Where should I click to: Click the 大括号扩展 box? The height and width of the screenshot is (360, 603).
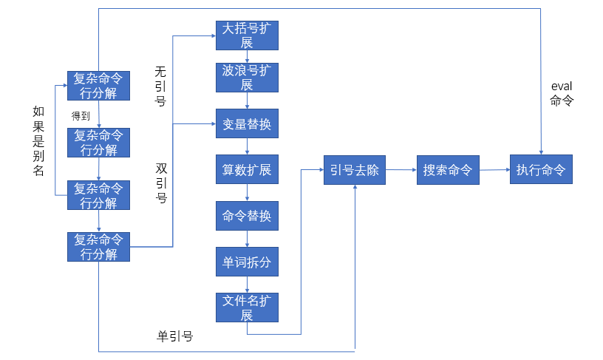pyautogui.click(x=247, y=35)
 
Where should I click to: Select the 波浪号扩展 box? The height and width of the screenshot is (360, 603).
pyautogui.click(x=247, y=78)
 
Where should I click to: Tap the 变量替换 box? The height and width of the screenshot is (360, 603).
pyautogui.click(x=247, y=124)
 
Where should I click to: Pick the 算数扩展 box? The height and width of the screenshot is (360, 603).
pyautogui.click(x=247, y=170)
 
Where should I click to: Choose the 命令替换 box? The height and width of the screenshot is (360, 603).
pyautogui.click(x=247, y=216)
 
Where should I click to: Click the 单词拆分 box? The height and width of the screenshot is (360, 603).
pyautogui.click(x=247, y=262)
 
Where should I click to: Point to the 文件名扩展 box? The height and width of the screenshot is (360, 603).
pyautogui.click(x=247, y=308)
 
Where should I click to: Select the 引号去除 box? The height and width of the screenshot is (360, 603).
pyautogui.click(x=355, y=170)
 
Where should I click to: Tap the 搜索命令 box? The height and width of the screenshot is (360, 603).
pyautogui.click(x=448, y=170)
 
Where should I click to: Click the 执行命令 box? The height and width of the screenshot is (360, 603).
pyautogui.click(x=541, y=170)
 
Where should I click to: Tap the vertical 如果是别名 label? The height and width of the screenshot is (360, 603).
pyautogui.click(x=38, y=140)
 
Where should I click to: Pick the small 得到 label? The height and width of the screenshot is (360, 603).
pyautogui.click(x=81, y=115)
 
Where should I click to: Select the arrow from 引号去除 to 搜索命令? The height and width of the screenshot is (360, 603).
pyautogui.click(x=401, y=170)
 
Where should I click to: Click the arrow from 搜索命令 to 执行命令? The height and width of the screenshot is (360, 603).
pyautogui.click(x=494, y=170)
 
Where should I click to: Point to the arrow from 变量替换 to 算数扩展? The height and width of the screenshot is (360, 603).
pyautogui.click(x=247, y=146)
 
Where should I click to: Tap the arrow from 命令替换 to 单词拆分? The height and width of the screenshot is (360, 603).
pyautogui.click(x=247, y=239)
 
